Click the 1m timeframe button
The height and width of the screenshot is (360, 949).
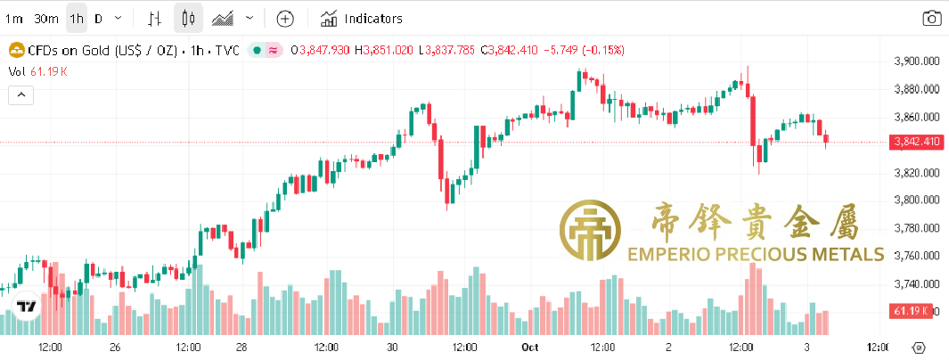[x=14, y=18]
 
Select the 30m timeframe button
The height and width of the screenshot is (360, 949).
[x=45, y=18]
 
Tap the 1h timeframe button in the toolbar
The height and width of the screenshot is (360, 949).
[x=77, y=18]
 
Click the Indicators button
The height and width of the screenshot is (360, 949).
[x=362, y=18]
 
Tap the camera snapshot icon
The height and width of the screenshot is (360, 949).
[x=931, y=18]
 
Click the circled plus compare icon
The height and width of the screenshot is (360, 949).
[x=285, y=18]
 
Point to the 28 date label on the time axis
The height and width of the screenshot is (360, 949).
[x=241, y=347]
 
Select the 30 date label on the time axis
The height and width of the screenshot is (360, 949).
[x=392, y=347]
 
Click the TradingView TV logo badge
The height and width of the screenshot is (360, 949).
[x=28, y=307]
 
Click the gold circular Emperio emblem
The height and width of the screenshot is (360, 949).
[x=591, y=232]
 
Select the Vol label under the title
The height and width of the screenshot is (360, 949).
[x=17, y=71]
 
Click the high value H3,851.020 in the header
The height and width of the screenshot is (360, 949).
[x=384, y=50]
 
